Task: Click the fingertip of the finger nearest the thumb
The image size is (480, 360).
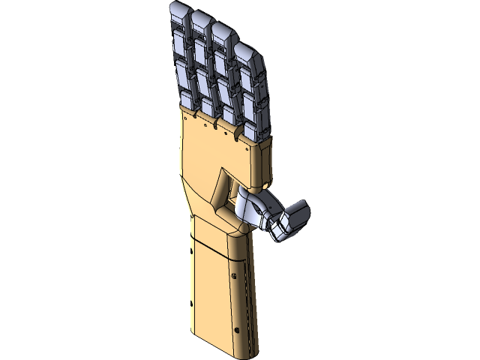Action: click(245, 52)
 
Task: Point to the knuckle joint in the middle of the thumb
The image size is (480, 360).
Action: click(270, 217)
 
